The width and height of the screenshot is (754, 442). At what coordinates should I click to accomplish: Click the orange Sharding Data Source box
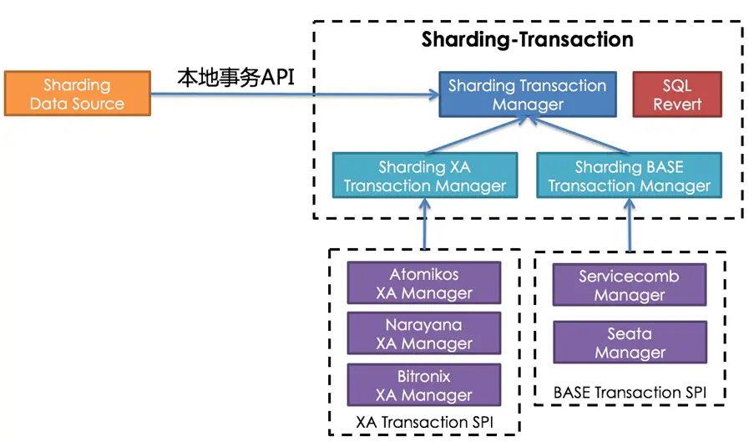click(77, 94)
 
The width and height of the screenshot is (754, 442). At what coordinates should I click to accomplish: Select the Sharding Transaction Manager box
click(528, 94)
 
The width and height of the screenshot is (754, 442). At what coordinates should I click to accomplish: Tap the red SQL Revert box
click(677, 94)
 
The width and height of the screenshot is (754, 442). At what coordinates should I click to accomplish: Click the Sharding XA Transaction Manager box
click(425, 176)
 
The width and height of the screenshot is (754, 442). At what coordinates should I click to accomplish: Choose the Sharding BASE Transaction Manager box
click(629, 176)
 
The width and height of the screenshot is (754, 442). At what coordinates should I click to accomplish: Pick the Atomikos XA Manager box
click(424, 283)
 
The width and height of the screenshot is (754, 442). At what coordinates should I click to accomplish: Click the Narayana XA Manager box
click(424, 334)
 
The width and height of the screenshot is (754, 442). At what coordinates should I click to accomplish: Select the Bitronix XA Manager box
click(424, 385)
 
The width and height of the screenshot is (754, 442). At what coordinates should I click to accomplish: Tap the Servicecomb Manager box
click(629, 285)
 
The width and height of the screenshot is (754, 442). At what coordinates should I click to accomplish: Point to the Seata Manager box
click(629, 343)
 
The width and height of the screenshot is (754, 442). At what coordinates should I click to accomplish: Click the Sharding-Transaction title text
click(527, 39)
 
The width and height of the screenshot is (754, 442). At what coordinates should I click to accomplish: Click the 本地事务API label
click(236, 78)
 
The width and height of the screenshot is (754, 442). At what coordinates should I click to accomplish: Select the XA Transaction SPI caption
click(423, 422)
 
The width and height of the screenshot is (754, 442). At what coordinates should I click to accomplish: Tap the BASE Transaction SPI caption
click(629, 392)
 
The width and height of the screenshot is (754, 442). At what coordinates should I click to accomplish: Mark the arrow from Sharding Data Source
click(292, 94)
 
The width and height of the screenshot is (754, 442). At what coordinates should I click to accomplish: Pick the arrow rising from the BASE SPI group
click(629, 226)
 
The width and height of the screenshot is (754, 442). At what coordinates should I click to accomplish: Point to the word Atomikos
click(424, 274)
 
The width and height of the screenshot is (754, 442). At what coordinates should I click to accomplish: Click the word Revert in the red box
click(677, 104)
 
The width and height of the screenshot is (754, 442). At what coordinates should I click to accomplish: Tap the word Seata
click(629, 333)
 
